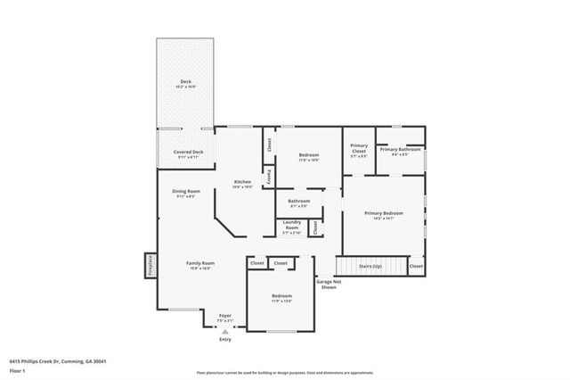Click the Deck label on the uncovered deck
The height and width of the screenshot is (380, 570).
[185, 81]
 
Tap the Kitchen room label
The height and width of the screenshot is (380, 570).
[242, 182]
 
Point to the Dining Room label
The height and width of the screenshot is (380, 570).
[186, 192]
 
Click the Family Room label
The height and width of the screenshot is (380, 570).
[200, 263]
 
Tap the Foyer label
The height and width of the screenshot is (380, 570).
[224, 315]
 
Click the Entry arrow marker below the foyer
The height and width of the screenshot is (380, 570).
[224, 332]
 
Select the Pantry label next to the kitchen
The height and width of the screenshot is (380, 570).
[268, 177]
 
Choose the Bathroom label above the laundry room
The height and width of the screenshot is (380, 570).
[298, 202]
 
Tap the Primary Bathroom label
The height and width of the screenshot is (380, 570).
[400, 150]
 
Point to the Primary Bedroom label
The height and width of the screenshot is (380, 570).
[384, 214]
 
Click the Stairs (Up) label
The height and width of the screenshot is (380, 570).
[370, 266]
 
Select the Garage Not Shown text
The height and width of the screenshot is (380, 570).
[328, 285]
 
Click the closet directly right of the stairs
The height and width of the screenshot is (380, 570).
[416, 266]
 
